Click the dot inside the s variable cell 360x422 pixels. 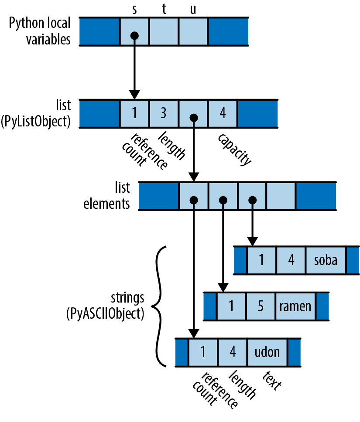point(134,35)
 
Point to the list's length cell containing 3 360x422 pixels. point(164,113)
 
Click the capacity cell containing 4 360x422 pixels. point(223,113)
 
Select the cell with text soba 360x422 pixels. point(326,260)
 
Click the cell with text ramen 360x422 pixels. point(295,306)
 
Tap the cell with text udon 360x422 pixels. point(267,352)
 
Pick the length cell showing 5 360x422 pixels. point(260,306)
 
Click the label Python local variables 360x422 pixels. point(40,31)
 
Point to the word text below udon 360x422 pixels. point(272,381)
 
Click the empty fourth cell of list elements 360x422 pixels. point(281,196)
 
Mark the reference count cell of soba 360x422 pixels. point(261,260)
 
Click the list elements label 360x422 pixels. point(107,196)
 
